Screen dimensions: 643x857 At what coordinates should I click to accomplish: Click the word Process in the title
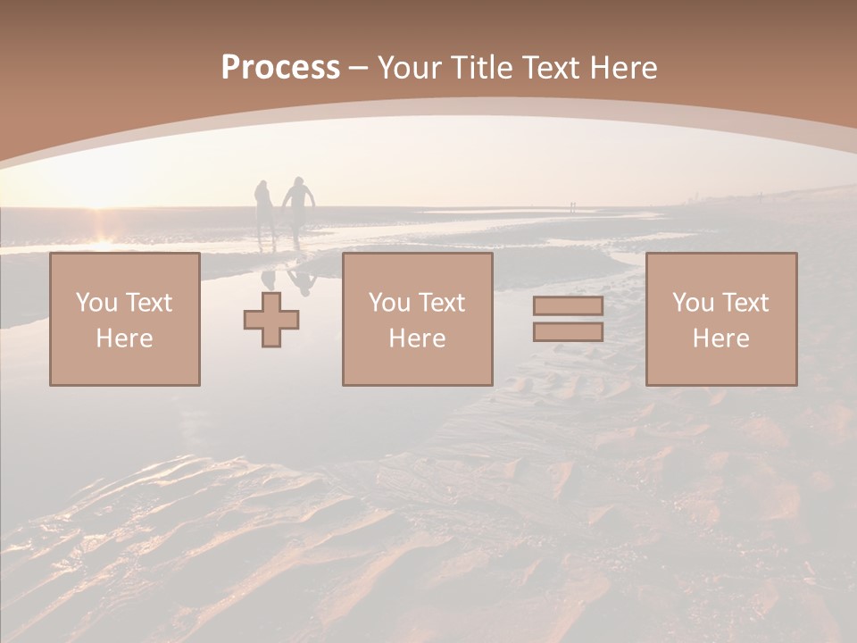point(280,68)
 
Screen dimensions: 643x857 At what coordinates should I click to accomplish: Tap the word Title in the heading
point(481,68)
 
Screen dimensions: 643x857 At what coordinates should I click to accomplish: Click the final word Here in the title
point(625,68)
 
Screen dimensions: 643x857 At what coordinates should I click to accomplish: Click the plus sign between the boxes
point(271,320)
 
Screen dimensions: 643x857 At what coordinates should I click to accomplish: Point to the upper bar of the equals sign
point(568,306)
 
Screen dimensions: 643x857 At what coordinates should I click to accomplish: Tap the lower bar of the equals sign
point(568,331)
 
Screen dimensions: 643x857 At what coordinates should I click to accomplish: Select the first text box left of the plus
point(125,320)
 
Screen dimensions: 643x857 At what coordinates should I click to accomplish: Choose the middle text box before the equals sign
point(417,320)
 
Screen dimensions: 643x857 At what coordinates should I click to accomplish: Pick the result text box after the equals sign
point(721,320)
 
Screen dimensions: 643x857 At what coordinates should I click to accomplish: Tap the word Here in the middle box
point(417,338)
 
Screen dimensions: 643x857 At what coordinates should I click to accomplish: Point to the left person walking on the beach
point(264,210)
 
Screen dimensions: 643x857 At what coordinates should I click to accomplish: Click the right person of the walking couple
point(299,207)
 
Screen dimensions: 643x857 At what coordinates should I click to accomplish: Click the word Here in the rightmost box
point(721,338)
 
